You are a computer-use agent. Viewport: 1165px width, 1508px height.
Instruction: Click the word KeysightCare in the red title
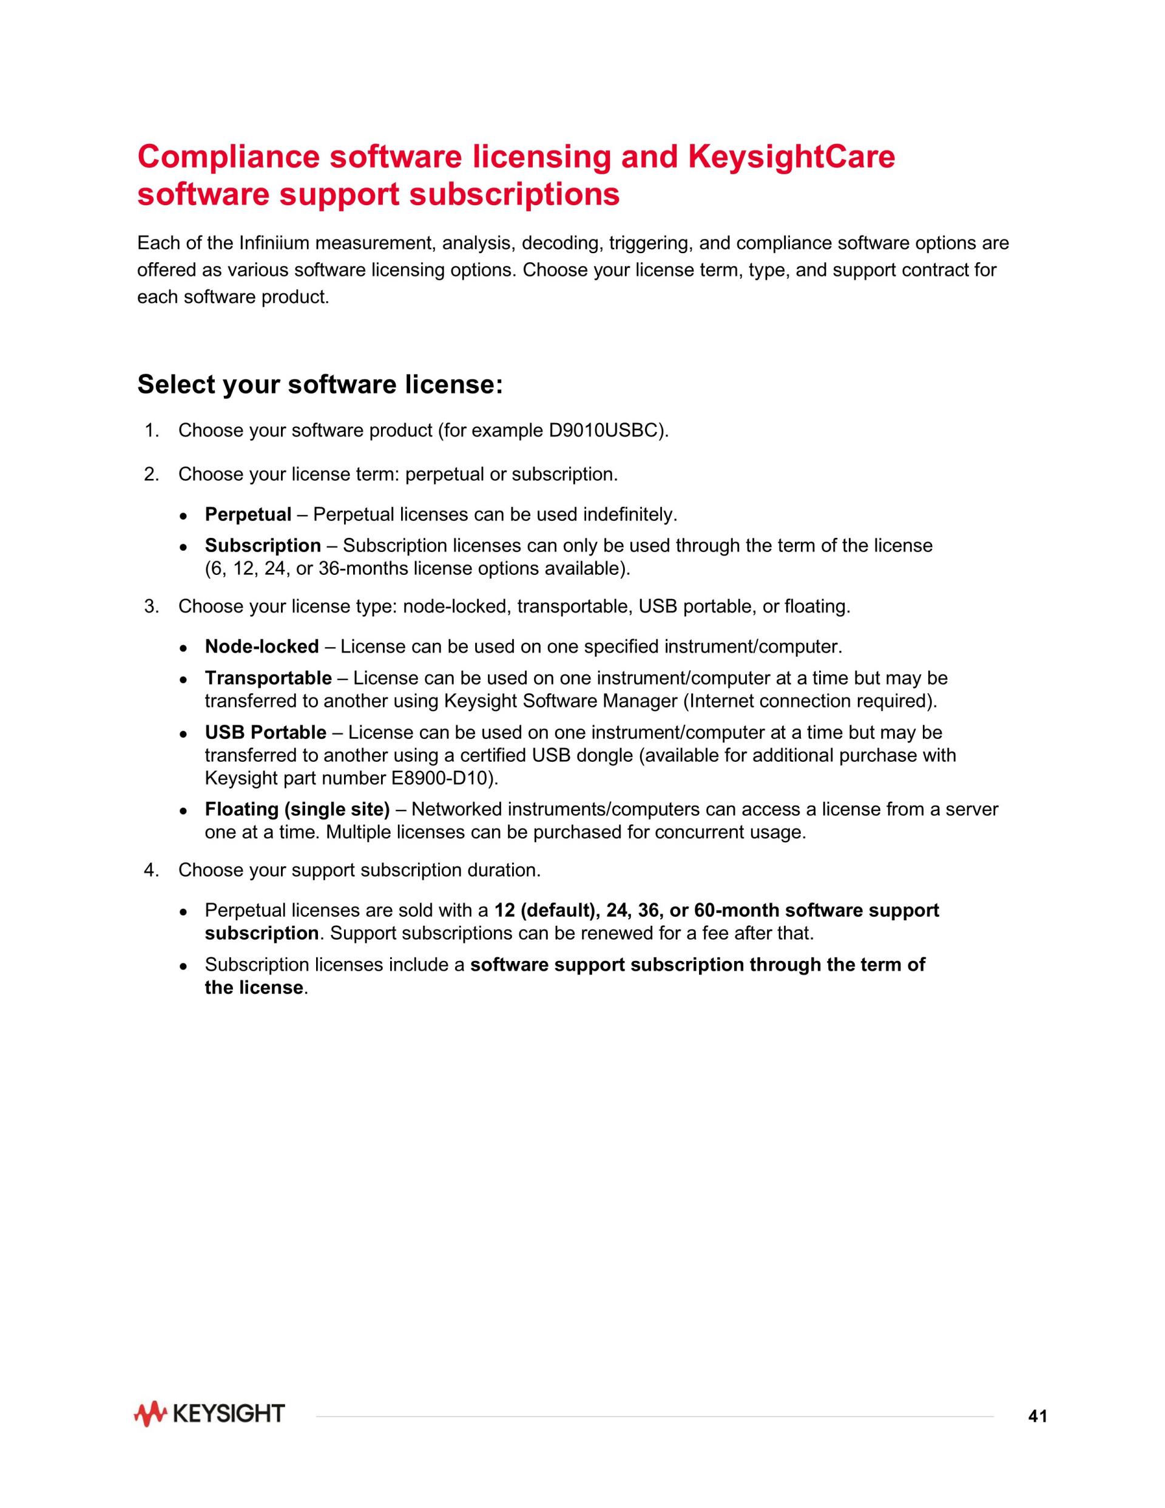click(792, 157)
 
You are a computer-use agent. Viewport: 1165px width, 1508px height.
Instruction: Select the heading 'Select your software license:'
click(320, 385)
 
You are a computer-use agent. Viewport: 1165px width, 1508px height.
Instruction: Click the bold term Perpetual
click(248, 514)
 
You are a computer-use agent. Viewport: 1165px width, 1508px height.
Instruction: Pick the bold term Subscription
click(263, 546)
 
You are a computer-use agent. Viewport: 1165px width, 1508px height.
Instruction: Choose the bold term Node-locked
click(262, 647)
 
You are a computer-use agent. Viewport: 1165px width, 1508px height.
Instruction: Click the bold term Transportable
click(268, 678)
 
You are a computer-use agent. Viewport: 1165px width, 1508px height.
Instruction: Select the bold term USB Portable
click(266, 733)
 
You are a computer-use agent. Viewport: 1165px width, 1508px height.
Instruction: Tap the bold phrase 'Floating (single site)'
click(297, 809)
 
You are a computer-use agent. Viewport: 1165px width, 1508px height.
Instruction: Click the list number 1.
click(151, 431)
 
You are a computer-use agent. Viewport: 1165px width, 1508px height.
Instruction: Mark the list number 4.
click(151, 871)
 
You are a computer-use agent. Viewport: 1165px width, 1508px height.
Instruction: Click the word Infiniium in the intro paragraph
click(271, 243)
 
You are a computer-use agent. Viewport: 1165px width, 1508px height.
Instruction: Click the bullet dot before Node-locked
click(184, 648)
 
